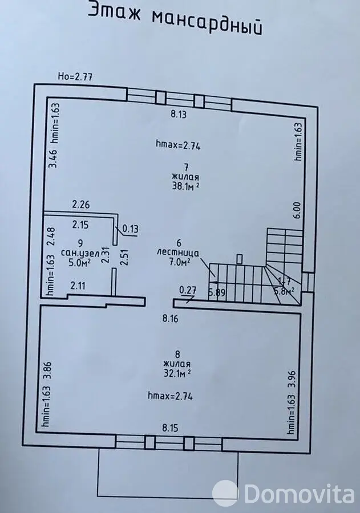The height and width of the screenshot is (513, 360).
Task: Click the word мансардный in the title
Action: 208,23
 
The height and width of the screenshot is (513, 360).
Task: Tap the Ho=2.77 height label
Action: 75,76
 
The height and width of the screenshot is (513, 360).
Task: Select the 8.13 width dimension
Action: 179,114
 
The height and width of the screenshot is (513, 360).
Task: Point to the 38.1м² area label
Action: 186,186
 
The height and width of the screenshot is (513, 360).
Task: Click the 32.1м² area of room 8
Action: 177,373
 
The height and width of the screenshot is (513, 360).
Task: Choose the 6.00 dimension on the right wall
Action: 296,210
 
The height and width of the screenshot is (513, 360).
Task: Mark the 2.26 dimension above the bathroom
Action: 81,205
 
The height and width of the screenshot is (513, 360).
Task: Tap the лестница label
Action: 178,253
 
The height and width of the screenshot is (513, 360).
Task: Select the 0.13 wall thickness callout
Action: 130,229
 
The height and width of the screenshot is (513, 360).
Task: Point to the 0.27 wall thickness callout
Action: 188,290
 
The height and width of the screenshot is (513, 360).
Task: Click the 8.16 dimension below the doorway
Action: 171,318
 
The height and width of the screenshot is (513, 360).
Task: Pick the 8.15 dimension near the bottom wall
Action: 171,427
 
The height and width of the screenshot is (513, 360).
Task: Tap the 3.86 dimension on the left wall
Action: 50,370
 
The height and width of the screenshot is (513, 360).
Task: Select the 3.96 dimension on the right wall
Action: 293,378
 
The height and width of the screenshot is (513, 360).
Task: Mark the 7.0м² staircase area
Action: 179,262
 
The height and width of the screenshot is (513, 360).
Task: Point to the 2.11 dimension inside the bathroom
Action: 78,286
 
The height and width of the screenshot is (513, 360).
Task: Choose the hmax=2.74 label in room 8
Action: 170,396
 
